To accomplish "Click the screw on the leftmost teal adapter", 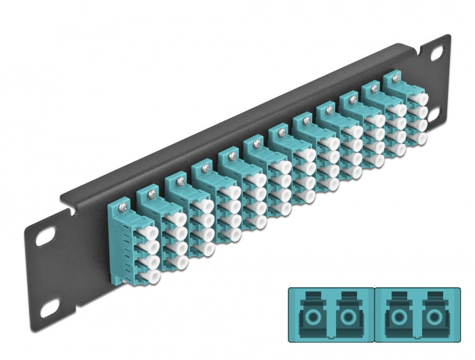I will coord(123,203).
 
